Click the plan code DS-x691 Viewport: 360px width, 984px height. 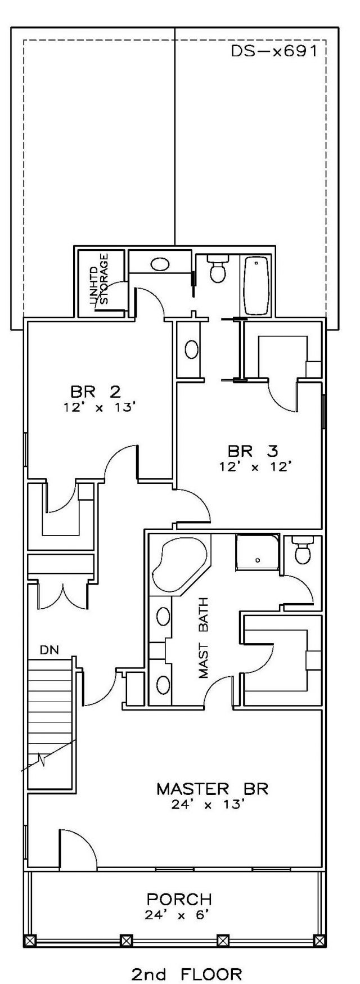pyautogui.click(x=274, y=51)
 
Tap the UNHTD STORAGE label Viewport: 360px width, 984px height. pyautogui.click(x=98, y=280)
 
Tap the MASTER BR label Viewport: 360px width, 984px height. pyautogui.click(x=213, y=789)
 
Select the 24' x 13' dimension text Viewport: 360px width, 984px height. pyautogui.click(x=208, y=805)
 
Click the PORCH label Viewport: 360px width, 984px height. pyautogui.click(x=179, y=899)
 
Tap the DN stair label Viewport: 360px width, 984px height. pyautogui.click(x=48, y=650)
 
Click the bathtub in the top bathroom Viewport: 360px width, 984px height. pyautogui.click(x=257, y=286)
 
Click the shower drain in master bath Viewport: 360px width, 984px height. pyautogui.click(x=257, y=560)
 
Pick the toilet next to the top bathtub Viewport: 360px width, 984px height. pyautogui.click(x=217, y=269)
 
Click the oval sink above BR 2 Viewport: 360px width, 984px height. pyautogui.click(x=160, y=264)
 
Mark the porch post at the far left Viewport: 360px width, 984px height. pyautogui.click(x=30, y=939)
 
